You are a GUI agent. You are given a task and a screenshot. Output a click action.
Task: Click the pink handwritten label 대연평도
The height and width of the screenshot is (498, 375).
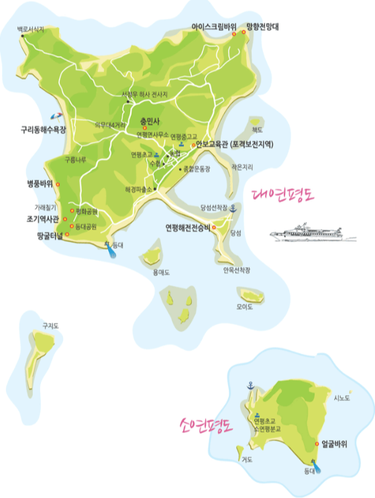click(282, 195)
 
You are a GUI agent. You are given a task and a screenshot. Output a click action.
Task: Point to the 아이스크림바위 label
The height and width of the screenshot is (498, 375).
click(214, 28)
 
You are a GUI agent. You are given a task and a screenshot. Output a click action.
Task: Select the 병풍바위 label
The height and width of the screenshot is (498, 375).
click(38, 183)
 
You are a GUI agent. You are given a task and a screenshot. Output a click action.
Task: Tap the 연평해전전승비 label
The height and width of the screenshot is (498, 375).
click(188, 227)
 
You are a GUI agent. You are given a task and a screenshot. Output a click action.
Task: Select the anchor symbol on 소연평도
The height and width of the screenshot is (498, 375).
click(250, 385)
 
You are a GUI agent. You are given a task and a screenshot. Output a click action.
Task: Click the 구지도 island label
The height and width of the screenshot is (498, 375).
click(50, 326)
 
